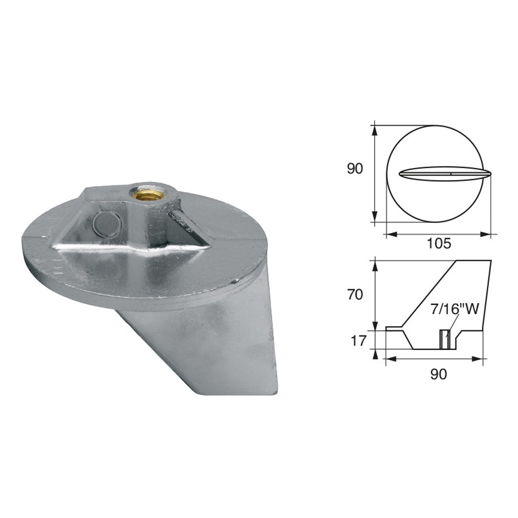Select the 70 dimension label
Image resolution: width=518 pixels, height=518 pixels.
[x=355, y=295]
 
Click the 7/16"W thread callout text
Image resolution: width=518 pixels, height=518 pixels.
[x=454, y=310]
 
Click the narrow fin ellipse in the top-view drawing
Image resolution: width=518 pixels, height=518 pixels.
[x=445, y=174]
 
